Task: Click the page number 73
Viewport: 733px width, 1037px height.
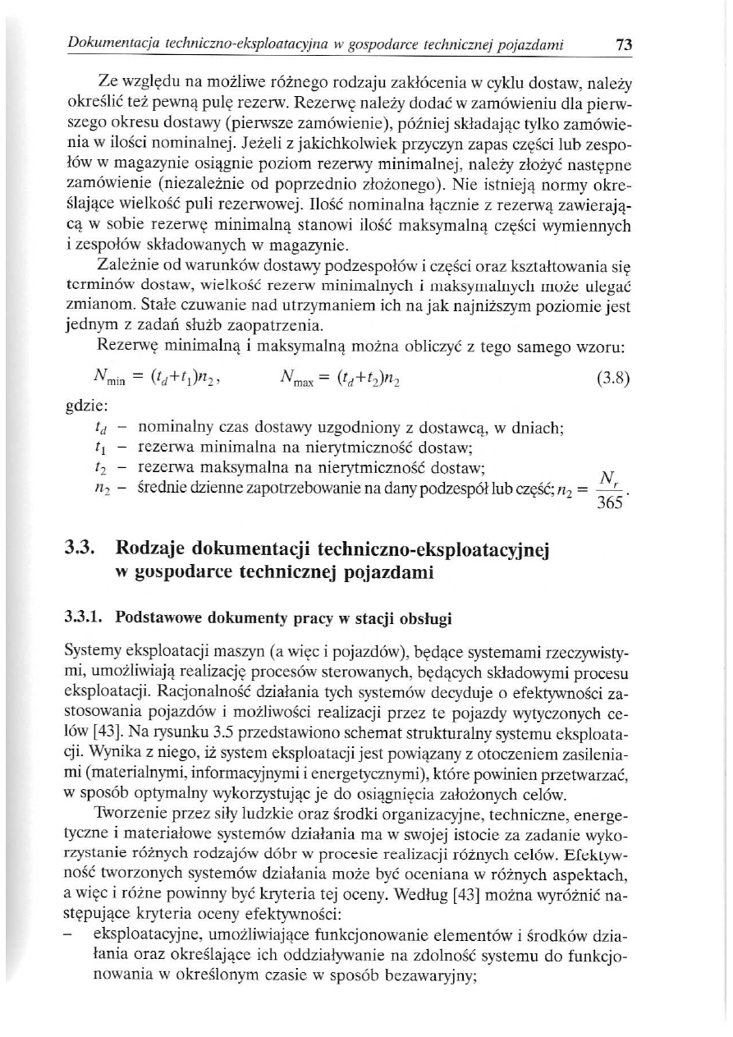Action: pos(624,46)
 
